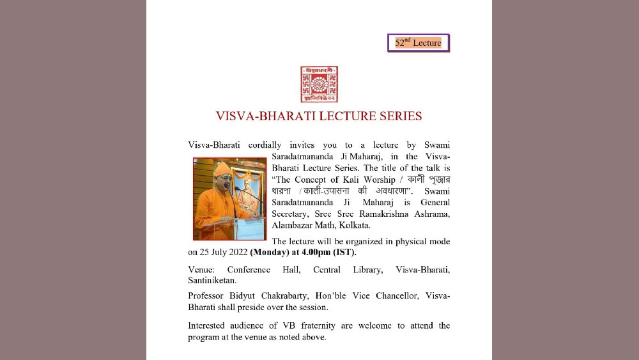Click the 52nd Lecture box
[x=419, y=43]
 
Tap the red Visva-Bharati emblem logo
[x=319, y=84]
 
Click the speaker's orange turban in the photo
[x=222, y=169]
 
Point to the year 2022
[x=236, y=252]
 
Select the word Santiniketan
[x=212, y=280]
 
